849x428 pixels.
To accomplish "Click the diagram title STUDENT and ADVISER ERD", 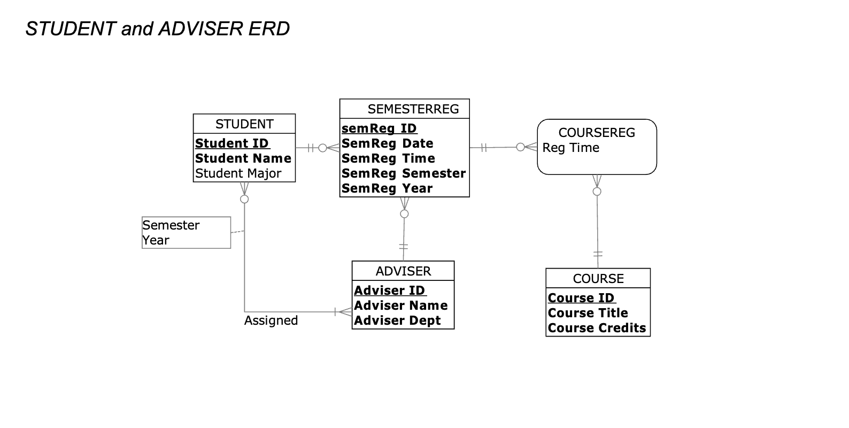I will click(158, 29).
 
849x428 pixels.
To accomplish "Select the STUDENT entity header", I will click(244, 124).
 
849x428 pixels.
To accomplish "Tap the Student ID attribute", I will click(232, 143).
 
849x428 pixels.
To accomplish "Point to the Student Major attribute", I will click(238, 173).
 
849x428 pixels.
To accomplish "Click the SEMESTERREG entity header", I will click(413, 109).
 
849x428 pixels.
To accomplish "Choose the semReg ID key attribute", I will click(379, 128).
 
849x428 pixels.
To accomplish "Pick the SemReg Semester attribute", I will click(404, 173).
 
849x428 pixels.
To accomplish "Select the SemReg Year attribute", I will click(387, 188).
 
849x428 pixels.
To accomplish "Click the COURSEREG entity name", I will click(597, 133).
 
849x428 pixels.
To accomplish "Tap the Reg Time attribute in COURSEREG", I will click(570, 148).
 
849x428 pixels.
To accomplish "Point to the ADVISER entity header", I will click(403, 271).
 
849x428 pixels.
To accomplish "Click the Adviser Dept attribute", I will click(397, 320).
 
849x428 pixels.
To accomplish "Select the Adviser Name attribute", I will click(401, 305).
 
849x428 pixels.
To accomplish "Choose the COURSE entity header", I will click(598, 279).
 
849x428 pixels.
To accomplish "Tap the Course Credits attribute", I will click(597, 328).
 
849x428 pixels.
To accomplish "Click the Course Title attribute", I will click(588, 313).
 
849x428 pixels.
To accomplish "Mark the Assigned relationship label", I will click(271, 320).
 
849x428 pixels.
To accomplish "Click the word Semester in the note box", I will click(171, 225).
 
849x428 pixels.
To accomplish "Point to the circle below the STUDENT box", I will click(244, 199).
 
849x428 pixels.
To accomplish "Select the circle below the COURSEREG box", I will click(597, 192).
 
